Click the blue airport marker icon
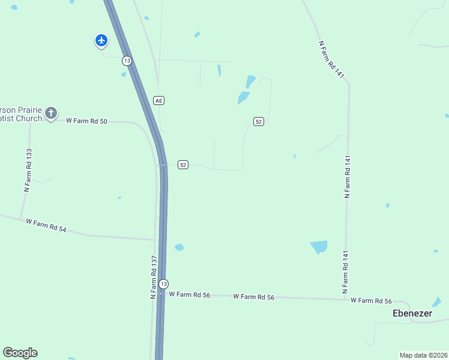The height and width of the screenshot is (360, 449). (x=101, y=40)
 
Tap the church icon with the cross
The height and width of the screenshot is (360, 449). (x=52, y=113)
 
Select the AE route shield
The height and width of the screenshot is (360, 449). (x=158, y=100)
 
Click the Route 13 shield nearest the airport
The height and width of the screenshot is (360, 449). (x=127, y=61)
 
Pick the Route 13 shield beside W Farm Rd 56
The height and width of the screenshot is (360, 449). (x=163, y=284)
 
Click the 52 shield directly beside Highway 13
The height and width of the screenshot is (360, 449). (x=183, y=164)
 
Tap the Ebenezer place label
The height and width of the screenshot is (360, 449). (x=412, y=313)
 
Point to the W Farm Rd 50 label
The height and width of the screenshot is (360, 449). (x=86, y=121)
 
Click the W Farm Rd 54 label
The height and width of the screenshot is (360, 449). (x=46, y=226)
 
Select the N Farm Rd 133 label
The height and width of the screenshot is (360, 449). (x=27, y=170)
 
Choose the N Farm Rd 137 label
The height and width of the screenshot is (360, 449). (x=154, y=277)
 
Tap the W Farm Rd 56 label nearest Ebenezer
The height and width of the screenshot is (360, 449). (x=371, y=301)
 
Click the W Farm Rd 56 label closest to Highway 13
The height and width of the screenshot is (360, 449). (x=189, y=295)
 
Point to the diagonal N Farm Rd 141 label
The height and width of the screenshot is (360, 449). (x=332, y=59)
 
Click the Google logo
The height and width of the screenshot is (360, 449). (x=20, y=353)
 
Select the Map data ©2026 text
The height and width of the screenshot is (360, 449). (x=423, y=355)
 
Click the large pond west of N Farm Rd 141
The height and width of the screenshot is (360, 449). (x=319, y=247)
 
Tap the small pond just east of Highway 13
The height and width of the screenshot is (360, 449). (x=179, y=247)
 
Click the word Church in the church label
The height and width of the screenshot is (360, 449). (x=28, y=119)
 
